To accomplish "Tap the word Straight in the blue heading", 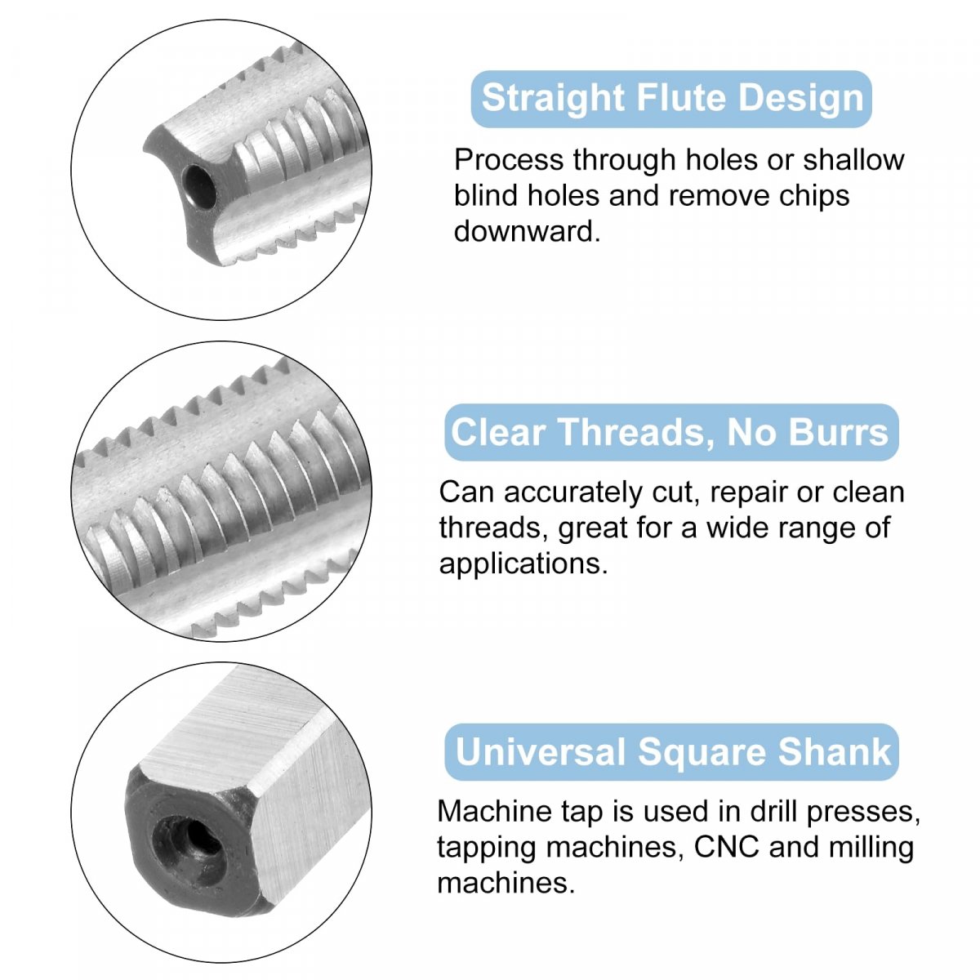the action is point(553,99).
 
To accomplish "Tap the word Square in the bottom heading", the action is point(702,755).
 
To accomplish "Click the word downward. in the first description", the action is point(527,231).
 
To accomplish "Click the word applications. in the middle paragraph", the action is point(523,564).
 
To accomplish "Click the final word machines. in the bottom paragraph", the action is point(506,883).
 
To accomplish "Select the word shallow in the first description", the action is point(854,160).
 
